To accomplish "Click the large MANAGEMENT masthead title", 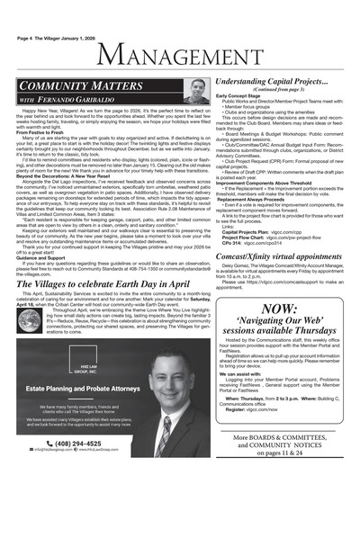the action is (180, 59).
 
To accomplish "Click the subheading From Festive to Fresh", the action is (40, 132).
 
